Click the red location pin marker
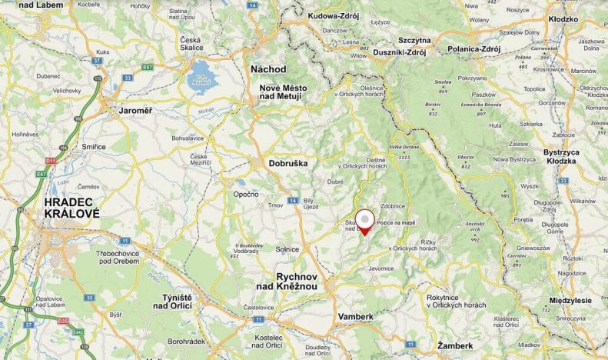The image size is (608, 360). pos(365,219)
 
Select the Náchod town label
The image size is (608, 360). pos(268,69)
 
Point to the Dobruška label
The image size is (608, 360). pos(288,163)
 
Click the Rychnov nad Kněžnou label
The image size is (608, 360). pos(291,281)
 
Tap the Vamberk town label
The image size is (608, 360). pos(355,316)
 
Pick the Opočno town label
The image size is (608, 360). pos(246,195)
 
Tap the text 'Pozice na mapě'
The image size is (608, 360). pos(396,223)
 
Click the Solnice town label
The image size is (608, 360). pos(287,250)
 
